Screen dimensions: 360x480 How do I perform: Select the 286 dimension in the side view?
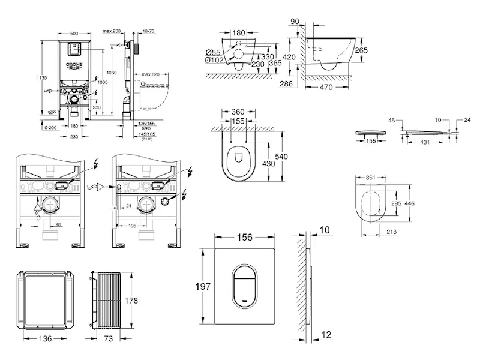click(286, 85)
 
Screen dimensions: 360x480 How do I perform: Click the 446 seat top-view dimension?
click(410, 204)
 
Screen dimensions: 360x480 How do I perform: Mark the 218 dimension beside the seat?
click(392, 232)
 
